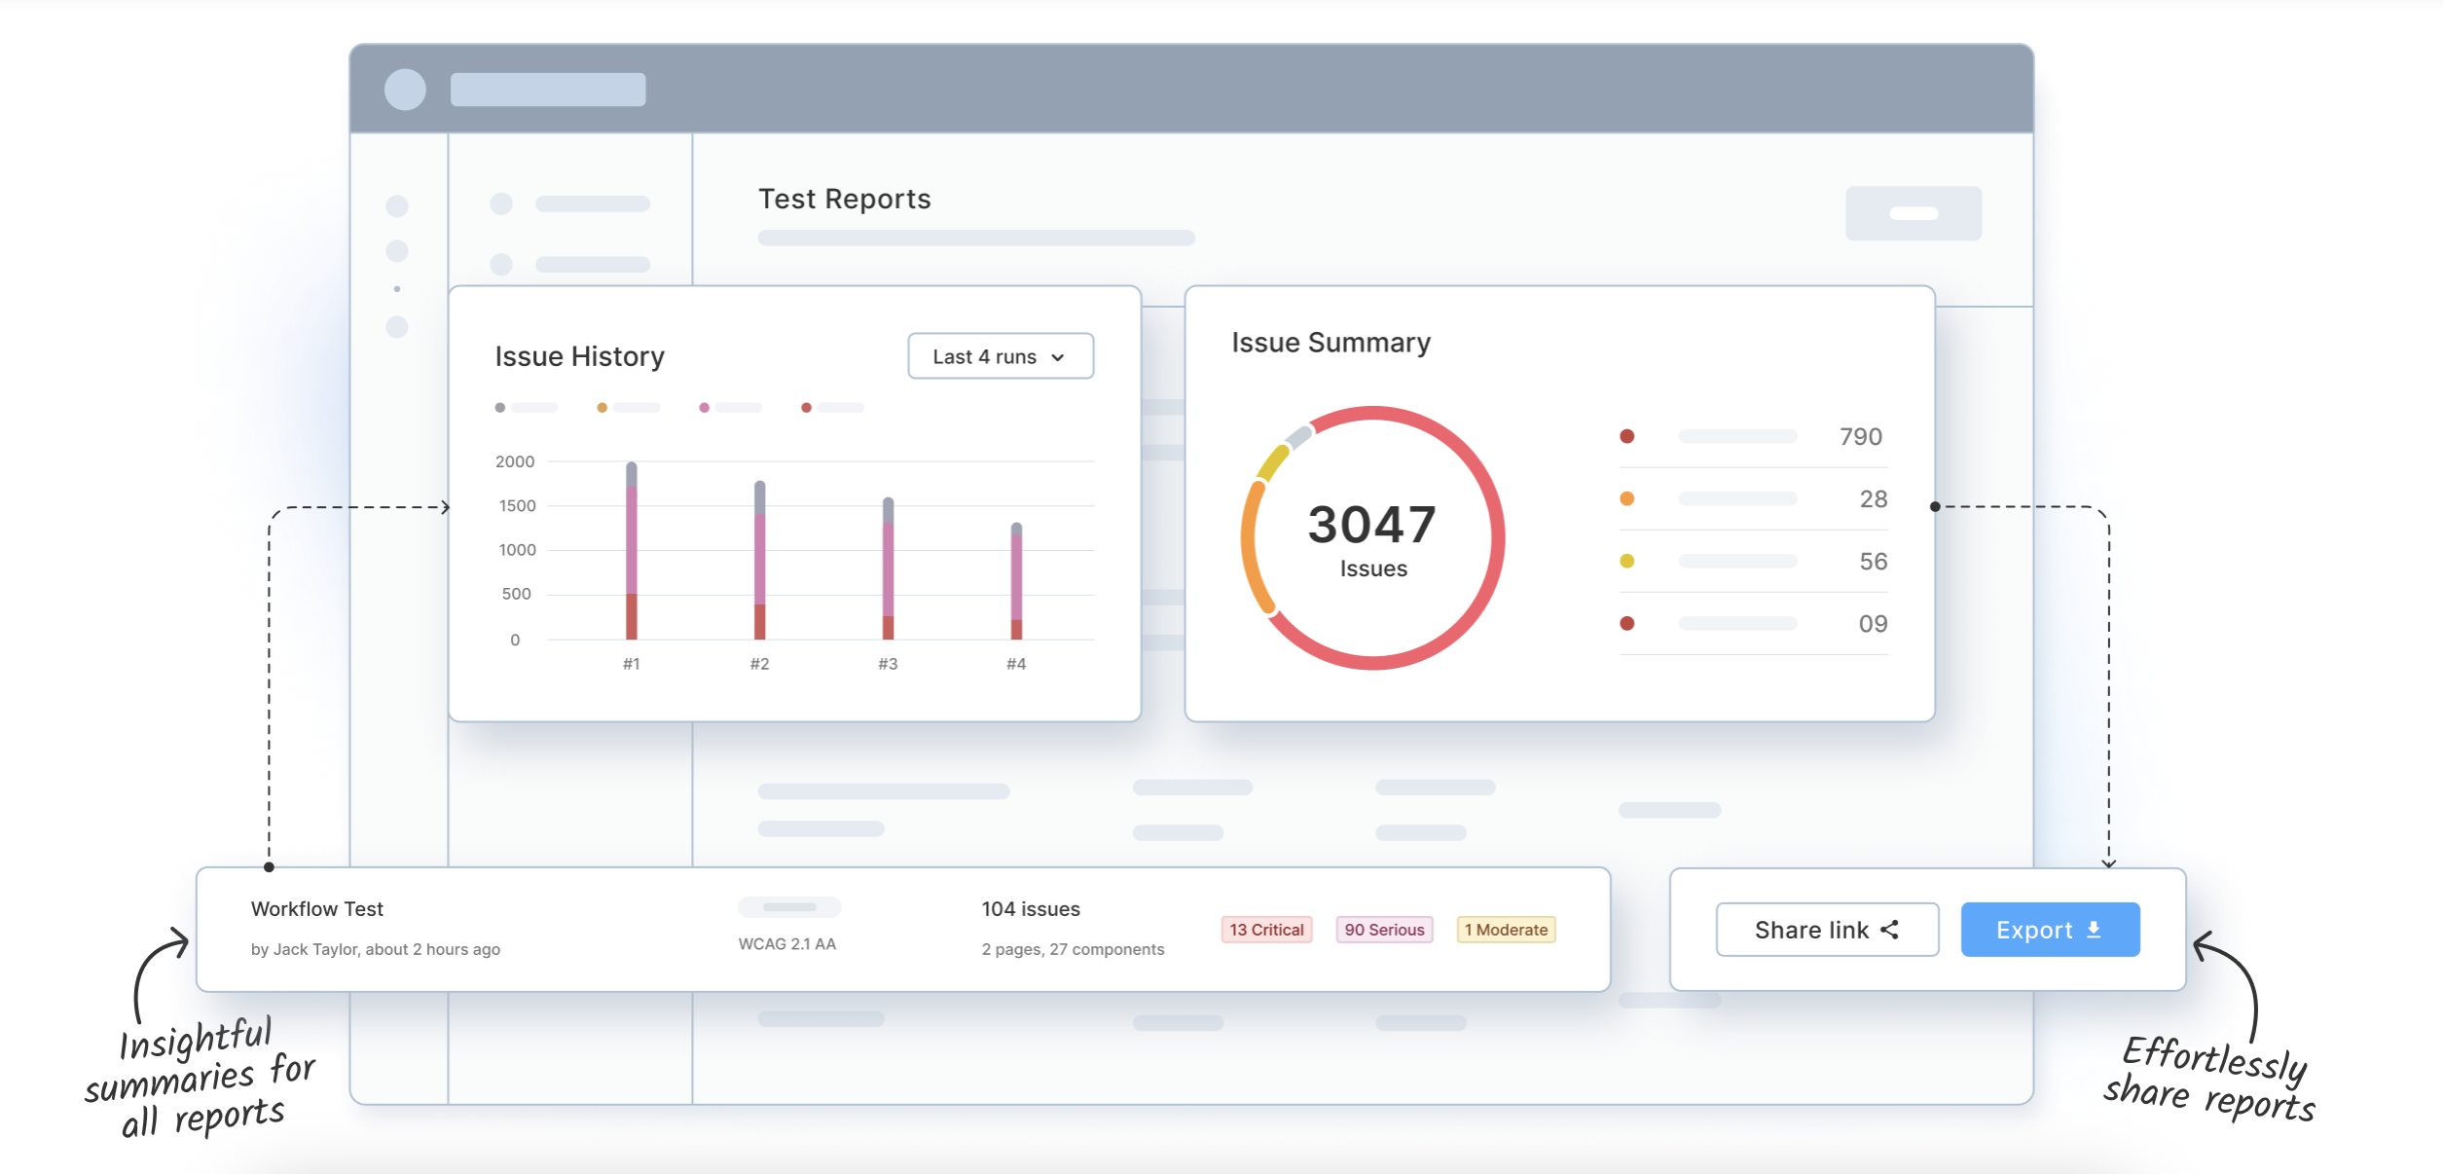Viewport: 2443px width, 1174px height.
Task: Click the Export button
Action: [2049, 930]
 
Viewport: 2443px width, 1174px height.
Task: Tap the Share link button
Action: [1826, 930]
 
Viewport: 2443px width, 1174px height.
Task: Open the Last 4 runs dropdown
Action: [1000, 356]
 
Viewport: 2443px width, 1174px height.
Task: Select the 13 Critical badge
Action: [1266, 930]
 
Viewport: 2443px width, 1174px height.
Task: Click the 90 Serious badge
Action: [1384, 930]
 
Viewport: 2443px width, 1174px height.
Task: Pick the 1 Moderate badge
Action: [1505, 930]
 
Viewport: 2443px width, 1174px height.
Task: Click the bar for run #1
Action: [632, 551]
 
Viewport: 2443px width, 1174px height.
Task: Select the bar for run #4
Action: [1016, 582]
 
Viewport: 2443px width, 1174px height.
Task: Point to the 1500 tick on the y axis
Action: [517, 505]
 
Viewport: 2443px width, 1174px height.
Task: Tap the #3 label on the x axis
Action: [888, 664]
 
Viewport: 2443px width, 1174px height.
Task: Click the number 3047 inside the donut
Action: [1371, 525]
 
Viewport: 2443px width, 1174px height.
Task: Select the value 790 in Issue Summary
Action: [1860, 436]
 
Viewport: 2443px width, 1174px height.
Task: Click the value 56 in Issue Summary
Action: [1873, 561]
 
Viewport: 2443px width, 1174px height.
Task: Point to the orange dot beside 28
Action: [1626, 498]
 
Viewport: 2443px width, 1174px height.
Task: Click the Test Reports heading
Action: [844, 199]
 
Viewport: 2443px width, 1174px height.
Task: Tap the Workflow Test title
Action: [317, 908]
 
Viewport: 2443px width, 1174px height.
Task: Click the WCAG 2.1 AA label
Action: [786, 943]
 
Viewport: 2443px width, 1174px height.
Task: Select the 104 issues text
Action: [1030, 908]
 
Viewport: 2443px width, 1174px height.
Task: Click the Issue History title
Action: [579, 356]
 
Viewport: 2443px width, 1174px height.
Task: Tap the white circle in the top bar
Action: [405, 90]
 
